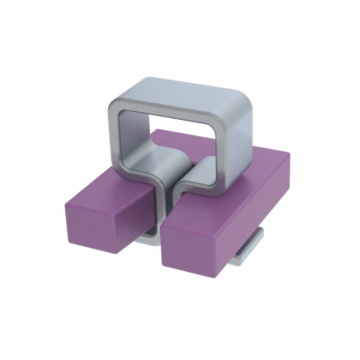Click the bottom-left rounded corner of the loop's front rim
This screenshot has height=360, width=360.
click(x=119, y=173)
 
